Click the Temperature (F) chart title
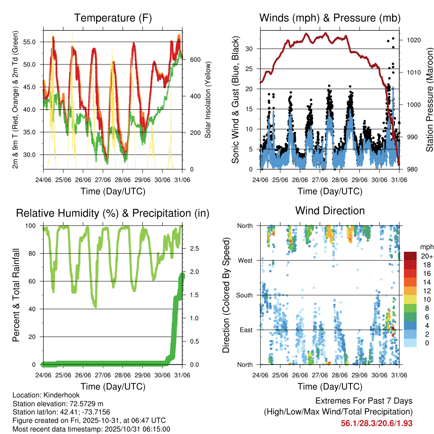[x=113, y=18]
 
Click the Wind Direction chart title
[x=330, y=211]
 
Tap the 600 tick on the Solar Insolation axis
[x=195, y=60]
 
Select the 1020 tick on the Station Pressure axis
[x=413, y=40]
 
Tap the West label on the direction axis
[x=245, y=260]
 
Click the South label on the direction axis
[x=245, y=295]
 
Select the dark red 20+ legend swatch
[x=410, y=256]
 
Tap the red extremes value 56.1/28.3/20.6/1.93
[x=376, y=423]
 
